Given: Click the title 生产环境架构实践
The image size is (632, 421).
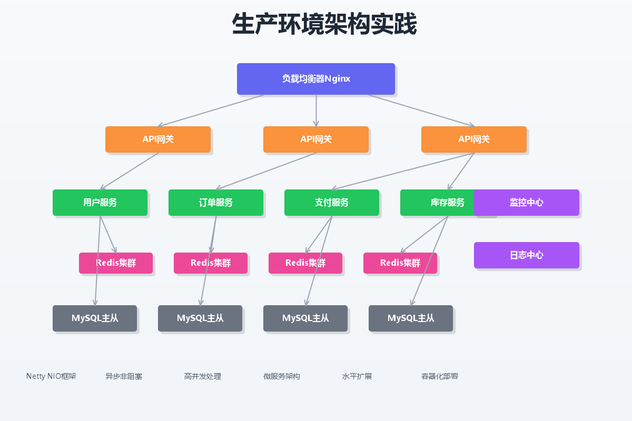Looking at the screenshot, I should [x=324, y=24].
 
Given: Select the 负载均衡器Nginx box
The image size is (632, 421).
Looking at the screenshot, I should [x=316, y=79].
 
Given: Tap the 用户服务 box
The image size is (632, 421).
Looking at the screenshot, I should [x=100, y=203].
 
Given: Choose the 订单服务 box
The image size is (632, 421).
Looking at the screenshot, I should [x=216, y=203].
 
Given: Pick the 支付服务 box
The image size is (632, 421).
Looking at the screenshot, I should [x=332, y=203].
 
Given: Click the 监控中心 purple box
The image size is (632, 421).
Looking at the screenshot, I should [x=527, y=203].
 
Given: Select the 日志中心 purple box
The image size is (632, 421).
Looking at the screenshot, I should [x=527, y=255].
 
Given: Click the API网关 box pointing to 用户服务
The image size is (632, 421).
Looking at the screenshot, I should [x=158, y=139].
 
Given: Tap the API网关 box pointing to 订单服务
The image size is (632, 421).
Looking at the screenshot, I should [x=316, y=139].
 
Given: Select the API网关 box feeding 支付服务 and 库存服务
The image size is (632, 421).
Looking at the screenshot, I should [x=474, y=139].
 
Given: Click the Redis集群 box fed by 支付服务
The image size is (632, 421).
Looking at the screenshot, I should [x=305, y=263].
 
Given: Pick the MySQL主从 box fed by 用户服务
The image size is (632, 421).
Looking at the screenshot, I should [x=95, y=318].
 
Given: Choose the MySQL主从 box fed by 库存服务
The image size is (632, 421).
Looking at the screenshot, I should [x=411, y=318].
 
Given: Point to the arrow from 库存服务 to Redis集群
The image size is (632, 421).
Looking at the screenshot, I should [x=424, y=234].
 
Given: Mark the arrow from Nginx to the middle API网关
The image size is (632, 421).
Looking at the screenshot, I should [x=316, y=111].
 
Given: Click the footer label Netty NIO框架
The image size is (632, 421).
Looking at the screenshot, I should [x=51, y=376].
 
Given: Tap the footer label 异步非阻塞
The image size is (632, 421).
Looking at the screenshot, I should [x=124, y=376].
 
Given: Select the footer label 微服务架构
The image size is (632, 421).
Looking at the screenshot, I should [x=282, y=376].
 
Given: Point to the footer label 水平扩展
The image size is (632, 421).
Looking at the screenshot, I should [x=357, y=376].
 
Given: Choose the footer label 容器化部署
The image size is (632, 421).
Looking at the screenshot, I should [x=440, y=376].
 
